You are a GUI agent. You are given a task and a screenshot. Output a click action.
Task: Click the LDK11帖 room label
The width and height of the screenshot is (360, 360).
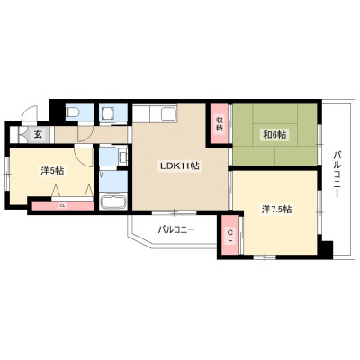(x=179, y=166)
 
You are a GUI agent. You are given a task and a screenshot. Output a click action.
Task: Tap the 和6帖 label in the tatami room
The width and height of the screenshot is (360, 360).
(x=274, y=135)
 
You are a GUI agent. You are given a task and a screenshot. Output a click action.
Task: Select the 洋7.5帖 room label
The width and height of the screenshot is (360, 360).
(x=277, y=210)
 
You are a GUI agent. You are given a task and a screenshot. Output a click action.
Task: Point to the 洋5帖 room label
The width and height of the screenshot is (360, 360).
(x=52, y=171)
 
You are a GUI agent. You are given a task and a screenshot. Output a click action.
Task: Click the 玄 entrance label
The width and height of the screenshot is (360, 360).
(x=38, y=134)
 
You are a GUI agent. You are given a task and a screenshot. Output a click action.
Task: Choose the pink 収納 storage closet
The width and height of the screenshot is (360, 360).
(x=220, y=124)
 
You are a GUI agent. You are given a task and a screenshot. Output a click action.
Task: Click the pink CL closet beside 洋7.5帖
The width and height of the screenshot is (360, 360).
(x=230, y=235)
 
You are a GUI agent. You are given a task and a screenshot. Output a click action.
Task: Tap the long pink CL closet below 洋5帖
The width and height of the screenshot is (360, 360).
(x=63, y=206)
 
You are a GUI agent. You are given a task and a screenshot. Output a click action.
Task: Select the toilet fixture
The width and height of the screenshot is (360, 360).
(x=73, y=112)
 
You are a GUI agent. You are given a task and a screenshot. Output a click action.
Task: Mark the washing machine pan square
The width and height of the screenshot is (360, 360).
(x=107, y=113)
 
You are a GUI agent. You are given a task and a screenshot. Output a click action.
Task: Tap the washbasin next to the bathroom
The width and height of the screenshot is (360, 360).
(x=123, y=157)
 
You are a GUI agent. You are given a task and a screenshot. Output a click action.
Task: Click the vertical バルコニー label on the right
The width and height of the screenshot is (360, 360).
(x=337, y=175)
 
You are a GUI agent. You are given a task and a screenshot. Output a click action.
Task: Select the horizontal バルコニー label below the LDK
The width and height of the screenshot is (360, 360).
(x=176, y=230)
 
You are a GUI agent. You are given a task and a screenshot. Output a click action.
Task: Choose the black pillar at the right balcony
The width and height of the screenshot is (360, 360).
(x=326, y=248)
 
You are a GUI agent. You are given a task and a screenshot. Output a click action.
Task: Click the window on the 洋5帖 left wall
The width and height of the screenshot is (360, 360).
(x=7, y=174)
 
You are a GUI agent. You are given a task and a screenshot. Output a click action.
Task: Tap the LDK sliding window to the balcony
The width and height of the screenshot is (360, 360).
(x=174, y=212)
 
